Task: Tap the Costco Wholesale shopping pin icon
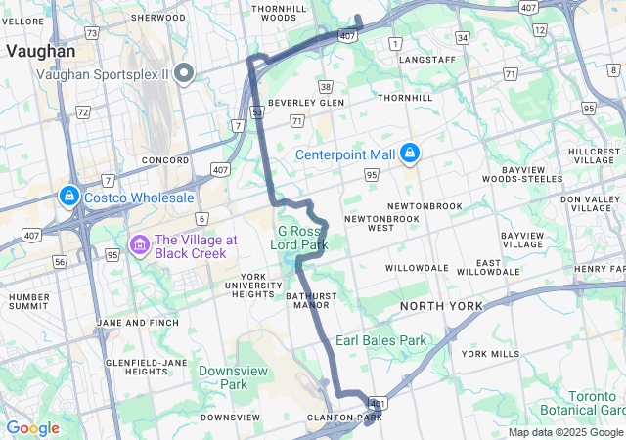(x=69, y=197)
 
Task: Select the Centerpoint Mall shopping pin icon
(x=411, y=154)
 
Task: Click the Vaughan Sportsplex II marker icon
(x=184, y=74)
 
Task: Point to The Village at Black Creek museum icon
(x=139, y=242)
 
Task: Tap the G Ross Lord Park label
(x=300, y=238)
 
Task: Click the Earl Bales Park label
(x=381, y=340)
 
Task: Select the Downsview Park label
(x=223, y=377)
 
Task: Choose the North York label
(x=440, y=306)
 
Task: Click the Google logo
(x=32, y=428)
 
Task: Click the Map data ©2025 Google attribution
(x=565, y=432)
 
